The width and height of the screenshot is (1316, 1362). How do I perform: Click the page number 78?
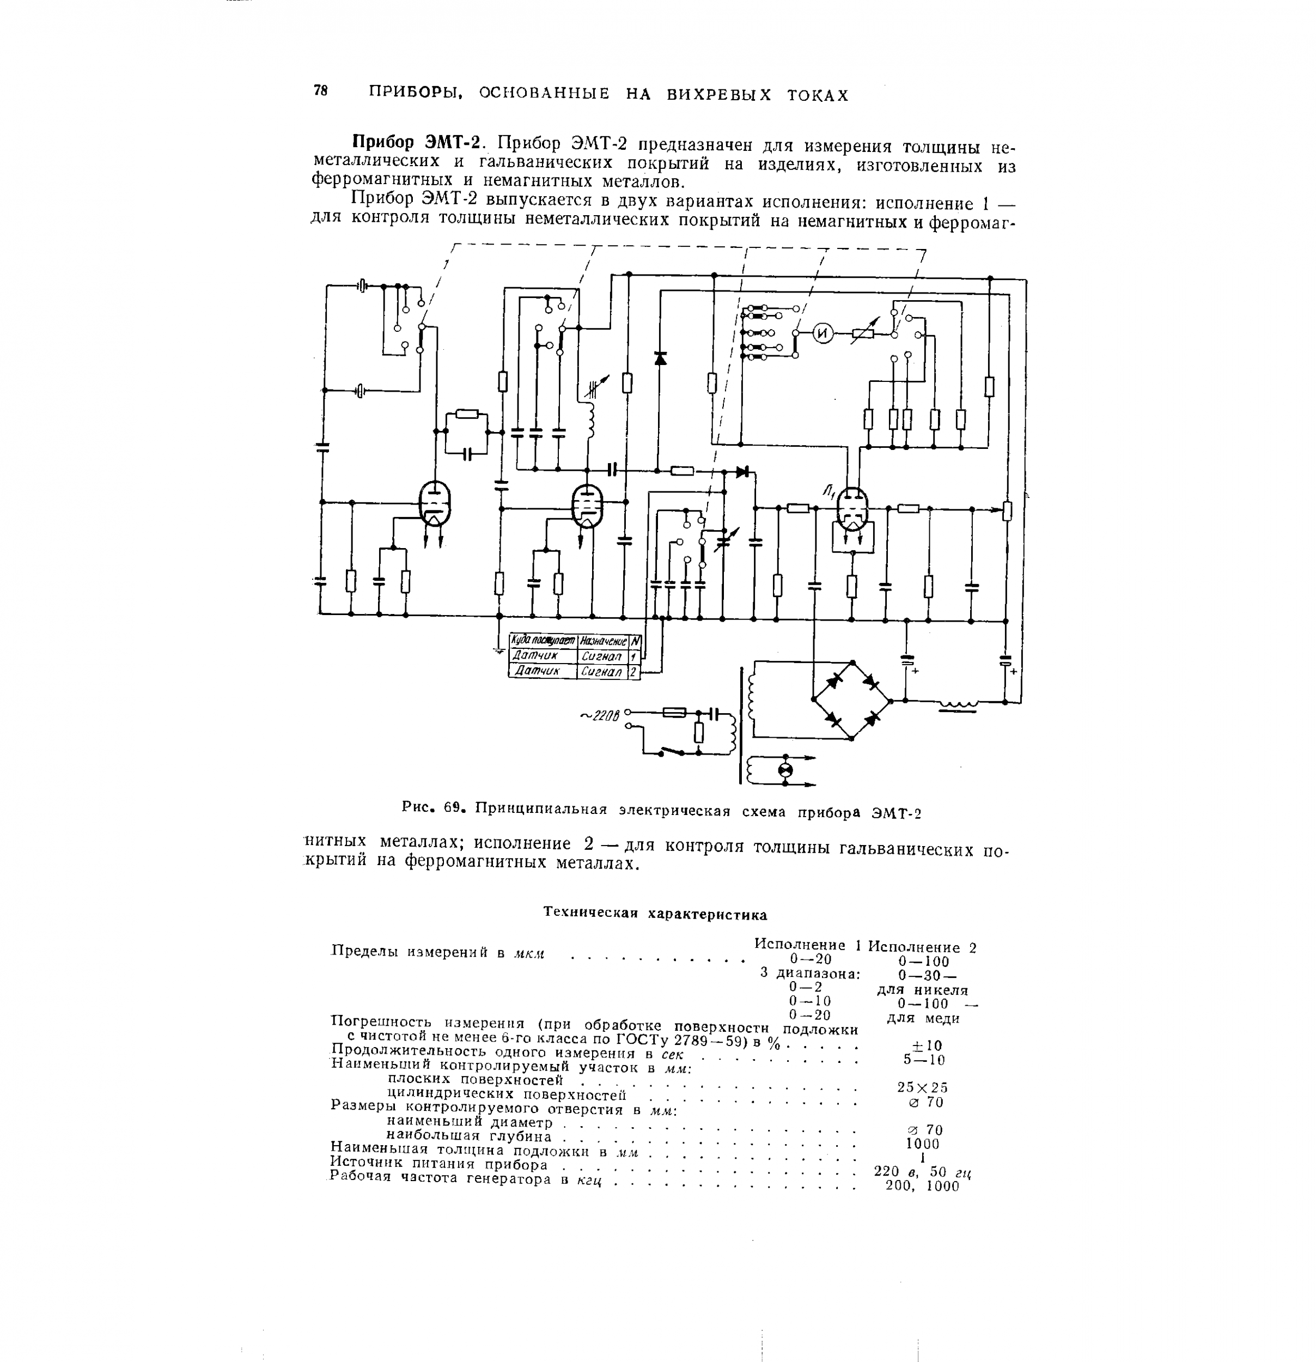(320, 90)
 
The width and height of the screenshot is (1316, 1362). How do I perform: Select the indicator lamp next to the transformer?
(784, 769)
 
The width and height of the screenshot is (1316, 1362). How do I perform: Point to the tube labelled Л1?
(852, 511)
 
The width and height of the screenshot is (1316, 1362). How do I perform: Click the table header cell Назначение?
(602, 641)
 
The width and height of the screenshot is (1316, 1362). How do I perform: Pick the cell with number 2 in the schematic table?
(633, 672)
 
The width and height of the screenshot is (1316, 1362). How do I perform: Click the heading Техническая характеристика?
(655, 913)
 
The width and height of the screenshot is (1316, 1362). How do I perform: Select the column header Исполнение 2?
(923, 947)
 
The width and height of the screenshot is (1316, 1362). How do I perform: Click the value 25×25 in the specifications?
(923, 1087)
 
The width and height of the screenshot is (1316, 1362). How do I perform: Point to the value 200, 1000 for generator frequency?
(923, 1186)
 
